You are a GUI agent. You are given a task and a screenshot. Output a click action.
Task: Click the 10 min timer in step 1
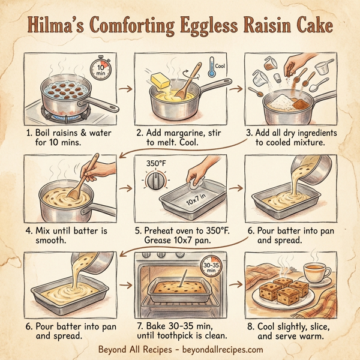coord(101,67)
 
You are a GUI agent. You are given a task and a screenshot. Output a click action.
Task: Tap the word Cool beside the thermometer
coord(220,66)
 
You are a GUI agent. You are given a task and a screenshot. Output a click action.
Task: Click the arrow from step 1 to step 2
coord(125,89)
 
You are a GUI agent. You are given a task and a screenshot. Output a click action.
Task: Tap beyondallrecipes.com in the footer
coord(218,349)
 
